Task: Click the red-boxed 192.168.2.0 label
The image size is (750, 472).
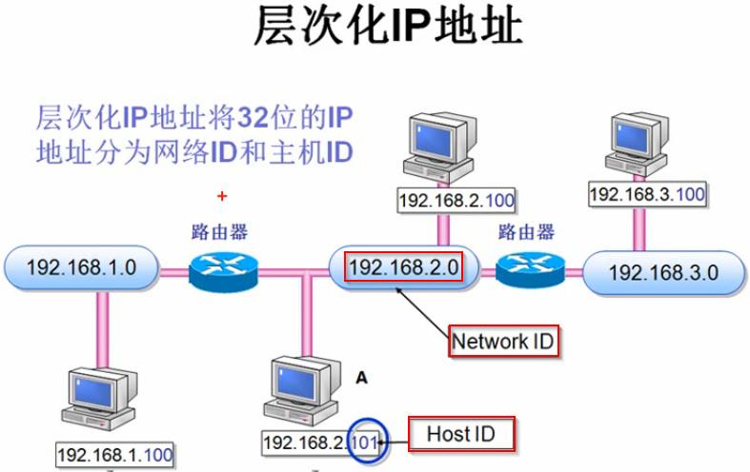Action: click(405, 266)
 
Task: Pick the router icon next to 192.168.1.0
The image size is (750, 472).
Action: click(223, 269)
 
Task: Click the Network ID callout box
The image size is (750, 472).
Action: click(503, 341)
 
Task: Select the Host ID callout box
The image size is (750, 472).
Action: click(461, 435)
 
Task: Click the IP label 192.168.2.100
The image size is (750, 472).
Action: click(446, 201)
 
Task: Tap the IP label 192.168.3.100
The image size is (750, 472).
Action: click(647, 194)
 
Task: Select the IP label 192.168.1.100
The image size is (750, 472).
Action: click(114, 455)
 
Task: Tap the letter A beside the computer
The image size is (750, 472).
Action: click(361, 378)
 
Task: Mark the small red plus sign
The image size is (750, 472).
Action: click(222, 196)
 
